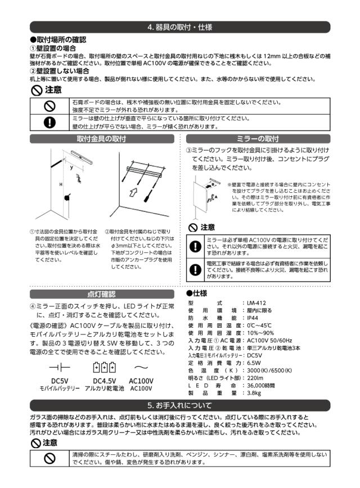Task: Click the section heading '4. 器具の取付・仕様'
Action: pos(179,27)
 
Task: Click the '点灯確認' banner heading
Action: pos(104,293)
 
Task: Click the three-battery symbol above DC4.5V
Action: pos(105,368)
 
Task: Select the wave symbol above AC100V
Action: pos(142,368)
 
